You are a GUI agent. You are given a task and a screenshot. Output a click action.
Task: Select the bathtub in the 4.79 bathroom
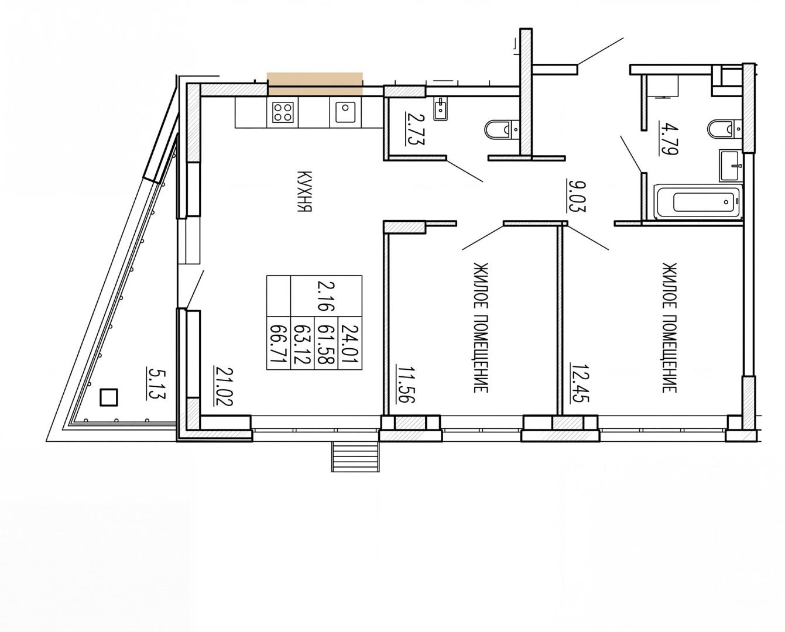tap(699, 202)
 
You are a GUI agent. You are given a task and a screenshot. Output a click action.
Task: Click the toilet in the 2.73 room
tap(502, 130)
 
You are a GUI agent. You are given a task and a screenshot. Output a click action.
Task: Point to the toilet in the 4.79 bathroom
tap(725, 130)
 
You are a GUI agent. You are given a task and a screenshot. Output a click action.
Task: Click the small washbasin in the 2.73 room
tap(441, 109)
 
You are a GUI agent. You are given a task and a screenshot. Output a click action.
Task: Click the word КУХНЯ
tap(304, 191)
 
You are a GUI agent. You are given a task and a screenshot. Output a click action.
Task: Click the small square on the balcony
tap(109, 397)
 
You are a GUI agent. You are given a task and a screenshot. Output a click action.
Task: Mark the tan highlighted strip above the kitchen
tap(315, 84)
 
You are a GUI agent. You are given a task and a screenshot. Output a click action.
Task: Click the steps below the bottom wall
tap(355, 456)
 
